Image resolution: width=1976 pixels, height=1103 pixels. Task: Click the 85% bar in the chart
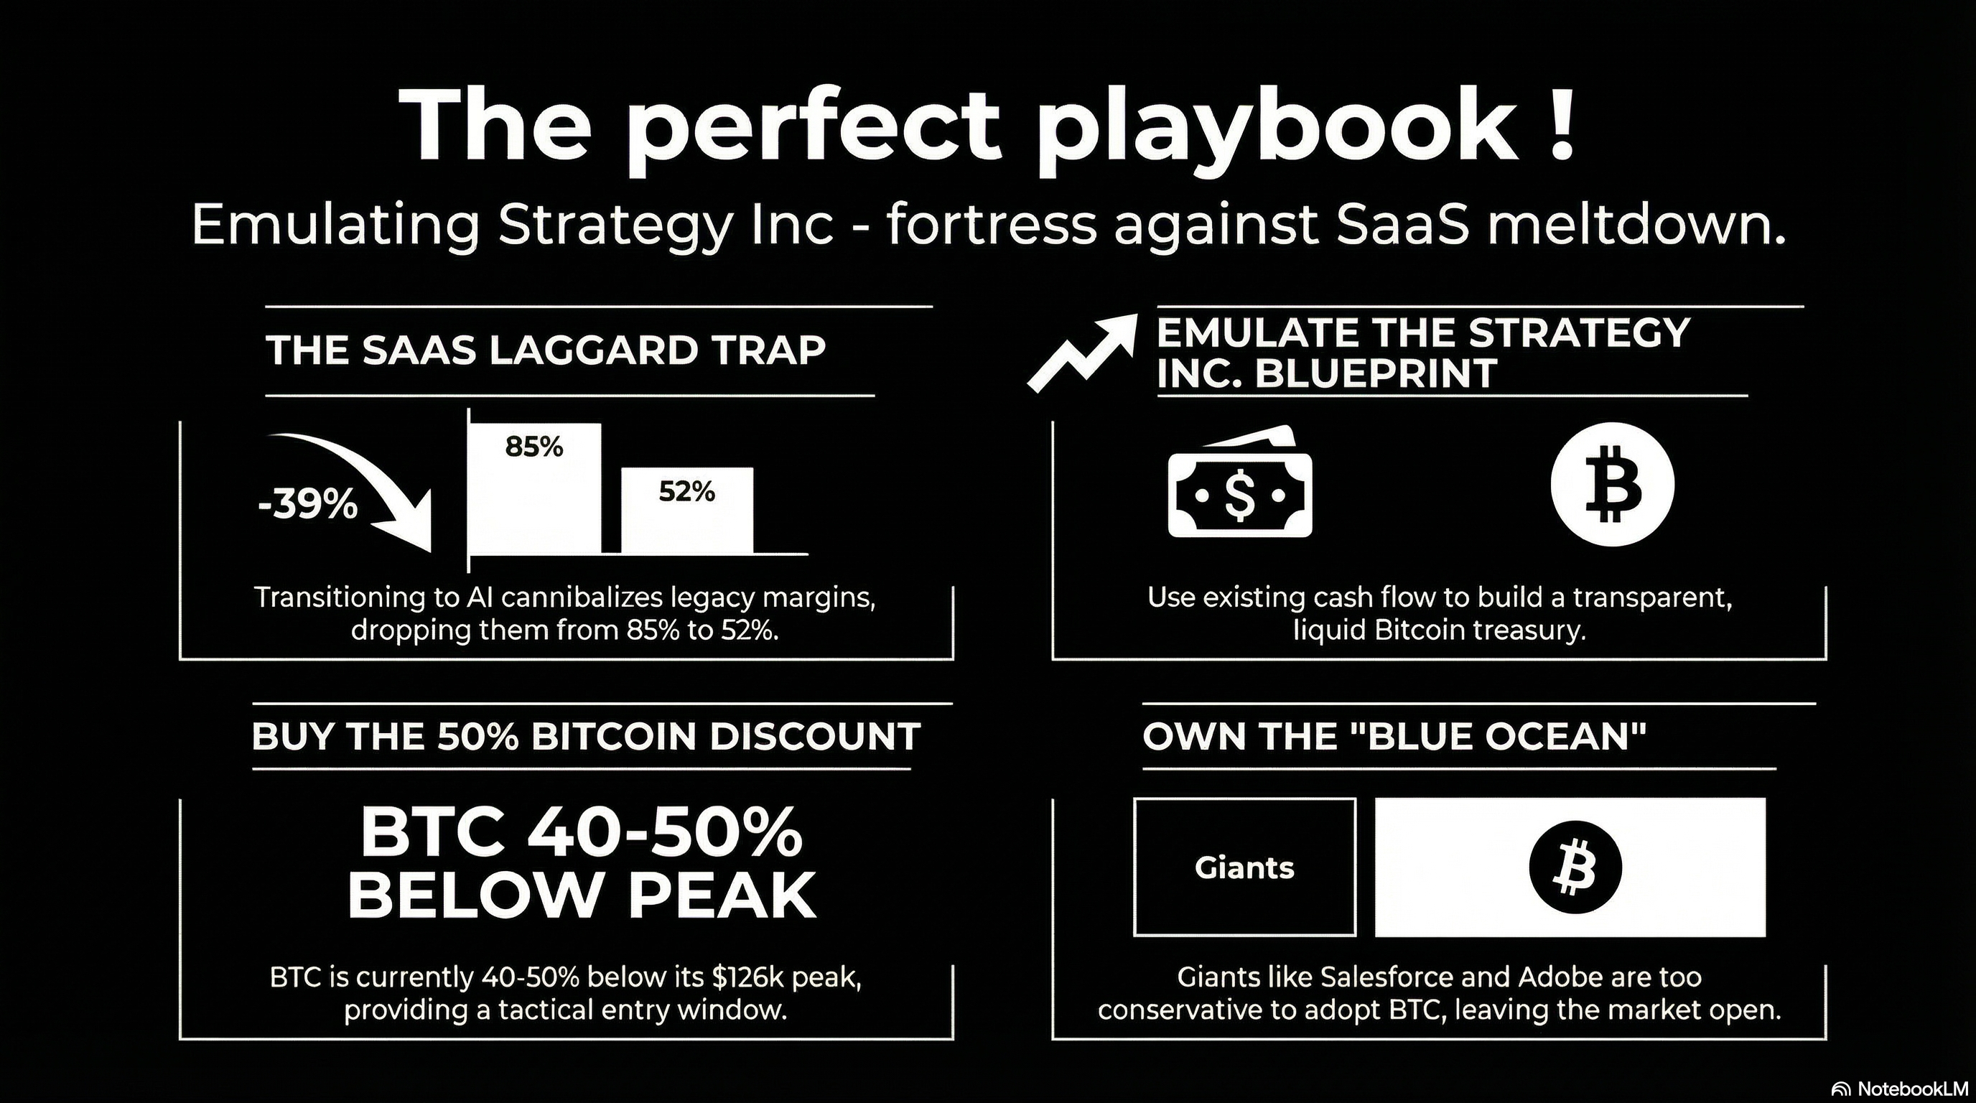pyautogui.click(x=535, y=488)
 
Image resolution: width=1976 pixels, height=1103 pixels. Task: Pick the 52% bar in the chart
pyautogui.click(x=686, y=510)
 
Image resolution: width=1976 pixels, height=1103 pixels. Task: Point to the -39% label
pyautogui.click(x=307, y=506)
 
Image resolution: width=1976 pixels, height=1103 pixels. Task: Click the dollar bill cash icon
pyautogui.click(x=1239, y=482)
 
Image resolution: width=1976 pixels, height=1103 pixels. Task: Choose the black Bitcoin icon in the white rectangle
pyautogui.click(x=1575, y=867)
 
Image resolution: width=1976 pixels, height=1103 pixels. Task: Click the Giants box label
pyautogui.click(x=1244, y=867)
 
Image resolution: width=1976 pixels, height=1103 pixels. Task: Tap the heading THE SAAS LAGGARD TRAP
pyautogui.click(x=546, y=350)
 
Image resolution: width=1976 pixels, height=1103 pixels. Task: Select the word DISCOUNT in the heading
pyautogui.click(x=815, y=736)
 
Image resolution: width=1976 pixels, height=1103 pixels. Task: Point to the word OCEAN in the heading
pyautogui.click(x=1565, y=736)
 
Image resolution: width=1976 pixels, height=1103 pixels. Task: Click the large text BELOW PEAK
pyautogui.click(x=582, y=895)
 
